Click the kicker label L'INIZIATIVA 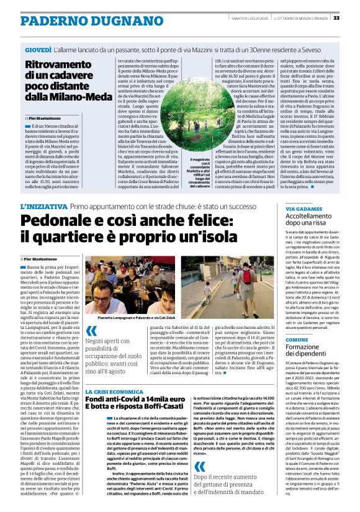[44, 205]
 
